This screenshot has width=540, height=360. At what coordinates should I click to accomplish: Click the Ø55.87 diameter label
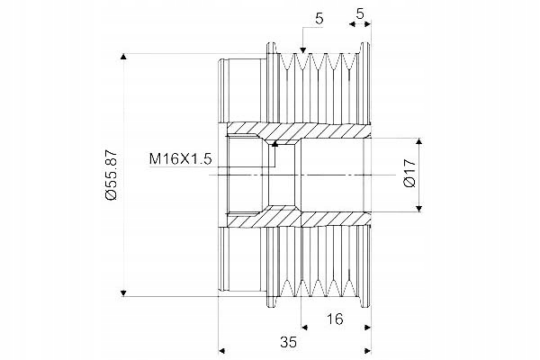112,175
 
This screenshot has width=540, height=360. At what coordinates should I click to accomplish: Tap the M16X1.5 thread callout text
180,159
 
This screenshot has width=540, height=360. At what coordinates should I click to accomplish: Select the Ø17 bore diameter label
409,173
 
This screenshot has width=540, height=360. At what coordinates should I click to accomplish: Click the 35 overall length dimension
288,342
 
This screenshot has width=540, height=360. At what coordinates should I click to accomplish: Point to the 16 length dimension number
335,319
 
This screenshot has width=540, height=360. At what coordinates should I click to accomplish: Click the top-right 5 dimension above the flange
360,13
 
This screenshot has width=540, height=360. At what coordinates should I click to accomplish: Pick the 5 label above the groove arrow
319,19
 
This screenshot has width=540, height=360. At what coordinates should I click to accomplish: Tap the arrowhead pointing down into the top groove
302,50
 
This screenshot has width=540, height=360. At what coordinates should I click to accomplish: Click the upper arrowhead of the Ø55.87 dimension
123,56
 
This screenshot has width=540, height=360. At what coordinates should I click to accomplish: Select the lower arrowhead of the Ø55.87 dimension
123,293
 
